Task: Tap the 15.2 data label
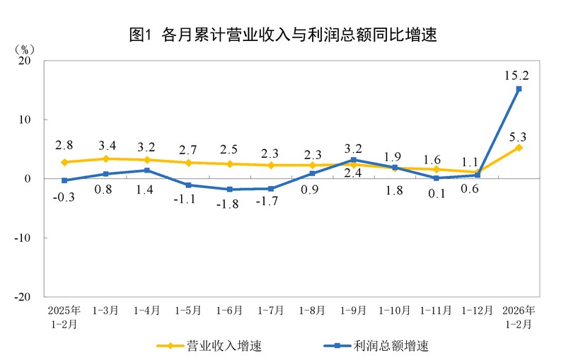(x=517, y=74)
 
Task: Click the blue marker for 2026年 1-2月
(x=519, y=89)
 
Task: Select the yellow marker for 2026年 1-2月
(x=519, y=147)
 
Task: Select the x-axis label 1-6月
(x=230, y=310)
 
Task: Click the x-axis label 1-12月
(x=478, y=310)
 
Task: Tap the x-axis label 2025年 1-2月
(x=64, y=317)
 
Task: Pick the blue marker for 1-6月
(x=230, y=190)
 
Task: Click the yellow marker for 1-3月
(x=105, y=158)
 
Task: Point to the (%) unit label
(x=23, y=49)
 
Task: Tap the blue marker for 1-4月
(x=147, y=170)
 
